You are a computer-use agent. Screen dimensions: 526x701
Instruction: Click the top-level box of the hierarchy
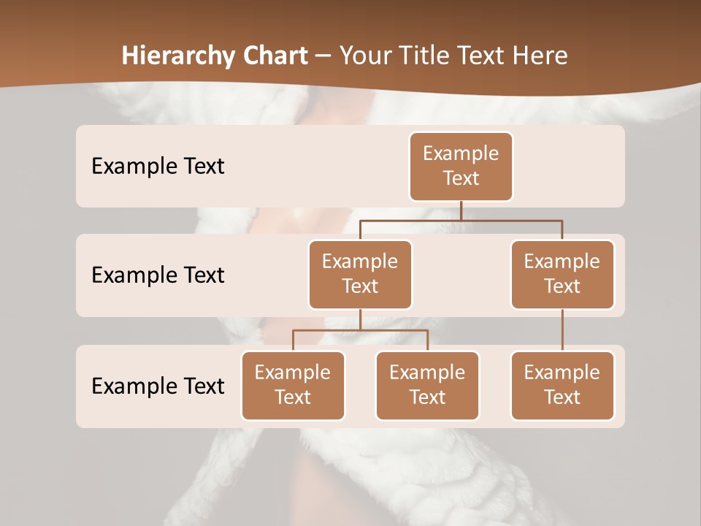point(461,166)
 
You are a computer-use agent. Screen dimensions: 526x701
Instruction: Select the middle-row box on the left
point(360,274)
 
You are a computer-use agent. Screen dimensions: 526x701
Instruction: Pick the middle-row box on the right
point(562,274)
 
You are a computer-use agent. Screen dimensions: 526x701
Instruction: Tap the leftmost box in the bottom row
point(293,385)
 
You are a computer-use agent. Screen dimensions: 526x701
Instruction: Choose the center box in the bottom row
point(427,385)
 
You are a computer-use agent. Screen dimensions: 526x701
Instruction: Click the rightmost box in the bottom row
point(562,385)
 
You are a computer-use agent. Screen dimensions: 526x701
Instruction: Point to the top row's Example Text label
point(158,167)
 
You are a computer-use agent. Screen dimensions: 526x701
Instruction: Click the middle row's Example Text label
point(158,275)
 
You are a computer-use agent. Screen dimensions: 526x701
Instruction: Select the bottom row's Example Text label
point(158,386)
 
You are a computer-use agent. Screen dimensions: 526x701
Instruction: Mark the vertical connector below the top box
point(461,210)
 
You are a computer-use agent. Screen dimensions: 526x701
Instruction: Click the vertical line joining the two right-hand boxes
point(562,330)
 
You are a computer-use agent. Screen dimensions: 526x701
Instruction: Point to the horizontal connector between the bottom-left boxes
point(360,330)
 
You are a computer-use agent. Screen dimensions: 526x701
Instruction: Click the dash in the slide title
point(323,56)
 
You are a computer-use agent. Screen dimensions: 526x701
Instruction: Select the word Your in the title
point(362,56)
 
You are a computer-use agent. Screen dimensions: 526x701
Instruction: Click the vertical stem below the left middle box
point(360,319)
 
